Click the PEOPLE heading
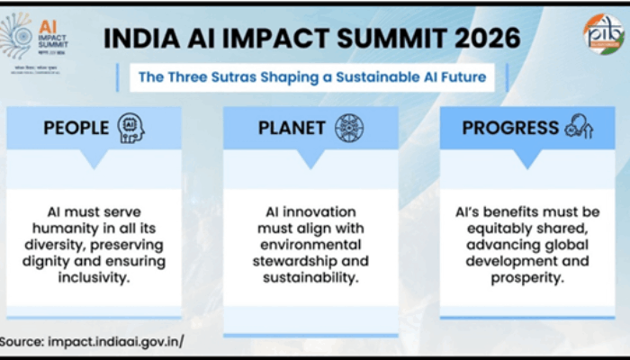76,128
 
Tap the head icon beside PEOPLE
130,128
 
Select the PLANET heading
292,128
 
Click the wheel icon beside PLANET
349,128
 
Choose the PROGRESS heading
511,128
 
